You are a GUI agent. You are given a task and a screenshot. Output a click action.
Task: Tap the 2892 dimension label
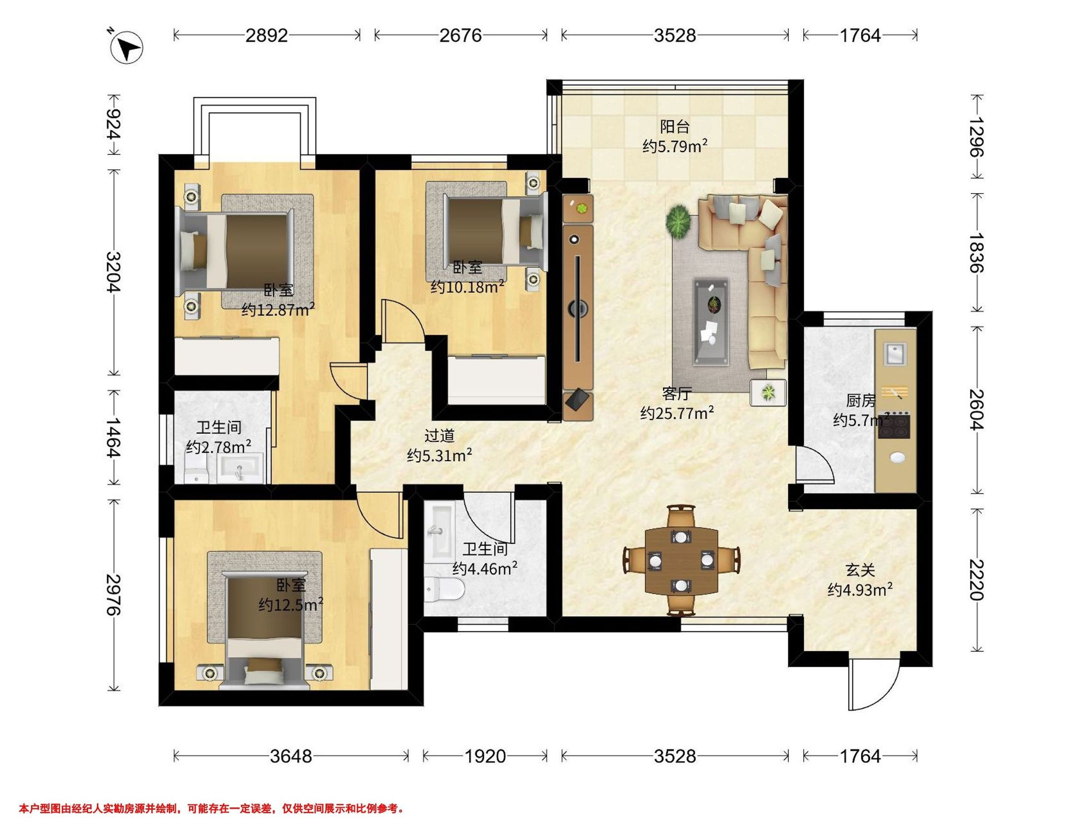[266, 35]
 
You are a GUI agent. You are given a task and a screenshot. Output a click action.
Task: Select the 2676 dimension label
[460, 35]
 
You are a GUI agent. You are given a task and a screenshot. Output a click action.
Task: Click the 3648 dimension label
[291, 756]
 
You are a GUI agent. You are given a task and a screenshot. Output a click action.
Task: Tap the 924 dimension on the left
[114, 124]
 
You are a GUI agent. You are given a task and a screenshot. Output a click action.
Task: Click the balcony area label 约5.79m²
[675, 146]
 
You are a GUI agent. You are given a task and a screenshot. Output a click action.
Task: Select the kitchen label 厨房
[861, 400]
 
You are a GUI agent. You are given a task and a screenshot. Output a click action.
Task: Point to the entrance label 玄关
[860, 570]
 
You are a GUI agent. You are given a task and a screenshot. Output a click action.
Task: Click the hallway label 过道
[439, 436]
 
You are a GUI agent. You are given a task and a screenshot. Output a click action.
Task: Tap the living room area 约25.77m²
[677, 413]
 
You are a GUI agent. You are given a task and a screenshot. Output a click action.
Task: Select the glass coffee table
[711, 323]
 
